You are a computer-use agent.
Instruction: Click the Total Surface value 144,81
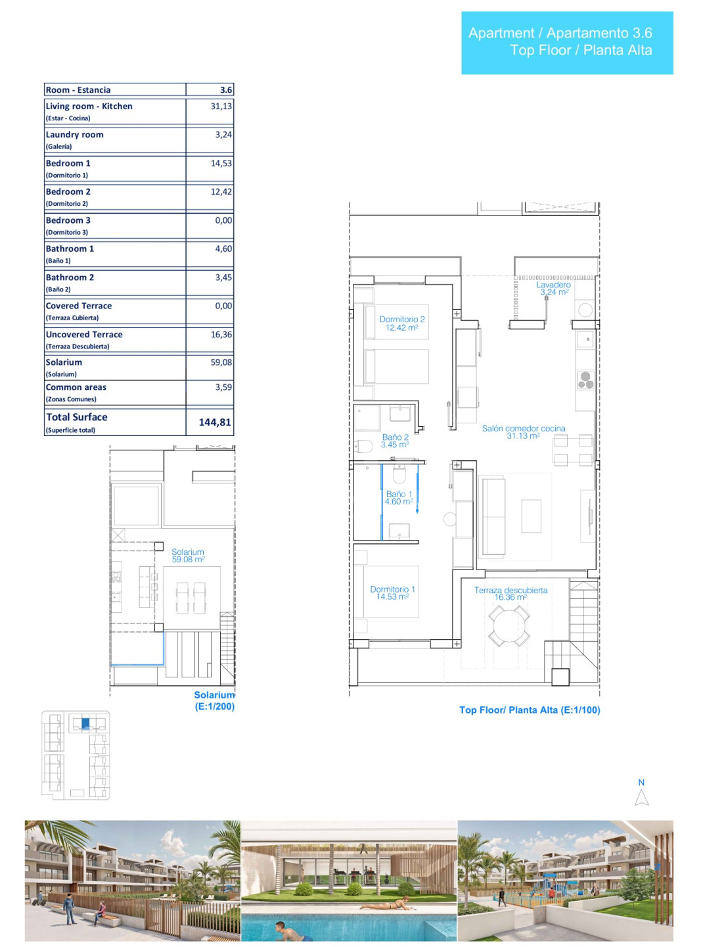[215, 422]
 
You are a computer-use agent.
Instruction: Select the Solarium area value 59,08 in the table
[221, 362]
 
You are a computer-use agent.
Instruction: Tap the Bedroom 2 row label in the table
[68, 192]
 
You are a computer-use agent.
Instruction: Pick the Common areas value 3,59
[223, 387]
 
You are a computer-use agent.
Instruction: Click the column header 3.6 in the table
[226, 89]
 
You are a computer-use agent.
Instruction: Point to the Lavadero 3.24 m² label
[553, 288]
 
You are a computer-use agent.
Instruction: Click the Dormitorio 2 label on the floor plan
[402, 323]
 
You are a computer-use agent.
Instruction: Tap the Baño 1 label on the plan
[399, 497]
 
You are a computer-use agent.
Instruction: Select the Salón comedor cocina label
[524, 431]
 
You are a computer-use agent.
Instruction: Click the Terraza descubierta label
[510, 593]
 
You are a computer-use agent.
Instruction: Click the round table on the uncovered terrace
[509, 626]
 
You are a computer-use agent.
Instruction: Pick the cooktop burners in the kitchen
[585, 380]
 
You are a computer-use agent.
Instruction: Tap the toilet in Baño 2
[363, 447]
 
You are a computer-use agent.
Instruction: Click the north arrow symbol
[641, 797]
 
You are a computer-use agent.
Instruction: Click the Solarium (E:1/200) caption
[215, 700]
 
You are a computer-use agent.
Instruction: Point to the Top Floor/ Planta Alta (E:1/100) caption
[530, 710]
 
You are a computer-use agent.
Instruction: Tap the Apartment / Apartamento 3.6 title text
[560, 33]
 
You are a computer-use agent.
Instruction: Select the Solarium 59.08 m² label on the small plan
[188, 556]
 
